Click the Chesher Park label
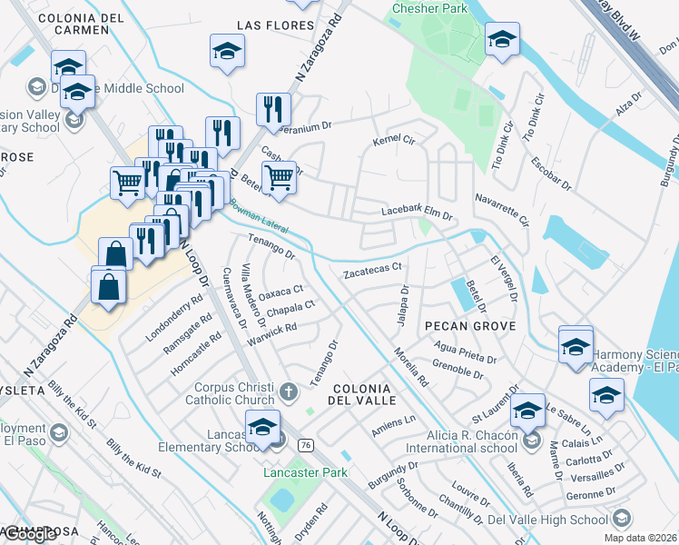point(428,8)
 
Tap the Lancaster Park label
point(305,472)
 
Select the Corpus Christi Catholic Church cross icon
point(289,392)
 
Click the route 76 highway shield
point(305,444)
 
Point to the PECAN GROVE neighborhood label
point(468,325)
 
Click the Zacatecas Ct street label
point(372,271)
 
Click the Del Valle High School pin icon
point(622,519)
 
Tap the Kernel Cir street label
point(394,142)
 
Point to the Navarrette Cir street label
point(501,208)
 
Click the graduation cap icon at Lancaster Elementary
point(262,425)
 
